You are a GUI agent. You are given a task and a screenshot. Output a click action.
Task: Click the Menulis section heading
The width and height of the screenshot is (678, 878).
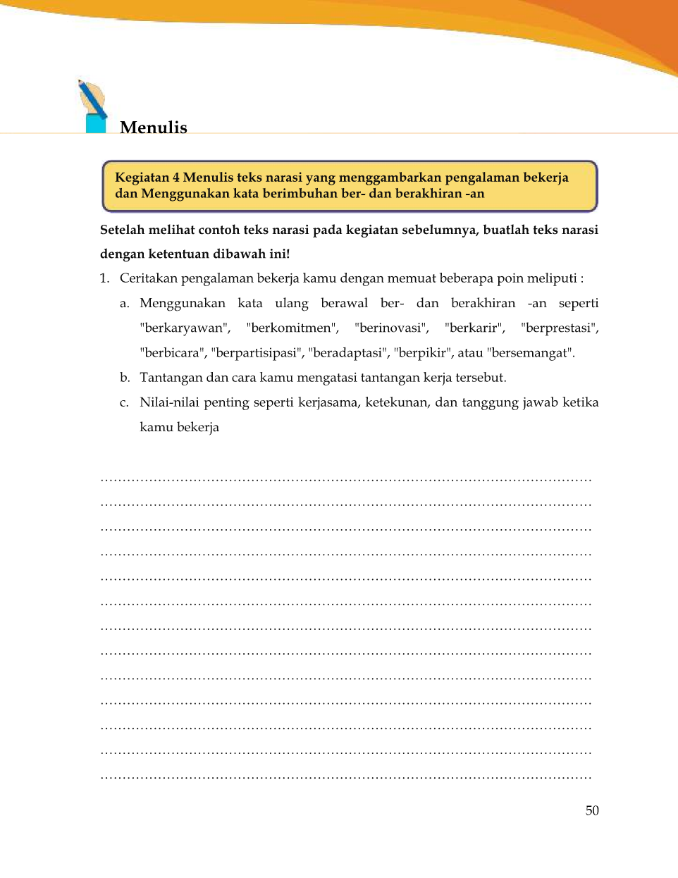(x=154, y=128)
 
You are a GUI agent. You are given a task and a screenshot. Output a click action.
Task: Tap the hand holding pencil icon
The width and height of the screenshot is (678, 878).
(x=93, y=106)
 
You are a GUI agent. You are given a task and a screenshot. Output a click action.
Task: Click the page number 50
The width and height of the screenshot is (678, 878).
(x=592, y=810)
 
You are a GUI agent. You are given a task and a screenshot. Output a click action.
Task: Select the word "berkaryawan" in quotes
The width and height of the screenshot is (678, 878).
(x=185, y=328)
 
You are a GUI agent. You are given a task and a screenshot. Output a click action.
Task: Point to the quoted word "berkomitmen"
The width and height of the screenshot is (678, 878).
(x=292, y=328)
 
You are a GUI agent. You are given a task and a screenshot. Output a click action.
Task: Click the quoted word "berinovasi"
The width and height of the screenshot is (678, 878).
(x=392, y=328)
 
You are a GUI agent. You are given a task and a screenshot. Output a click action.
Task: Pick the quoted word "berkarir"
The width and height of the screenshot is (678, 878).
(x=475, y=328)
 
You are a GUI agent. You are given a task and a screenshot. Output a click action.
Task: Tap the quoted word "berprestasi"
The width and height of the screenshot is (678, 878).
(x=560, y=328)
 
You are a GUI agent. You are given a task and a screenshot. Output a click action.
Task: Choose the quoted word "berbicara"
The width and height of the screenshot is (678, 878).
(x=172, y=353)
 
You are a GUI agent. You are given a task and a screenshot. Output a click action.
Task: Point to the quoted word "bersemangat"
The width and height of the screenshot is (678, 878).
(x=530, y=353)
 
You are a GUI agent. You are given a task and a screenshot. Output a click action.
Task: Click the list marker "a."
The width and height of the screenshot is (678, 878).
(x=125, y=304)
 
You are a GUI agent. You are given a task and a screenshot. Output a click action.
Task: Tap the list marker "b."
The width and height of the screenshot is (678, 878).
(x=125, y=378)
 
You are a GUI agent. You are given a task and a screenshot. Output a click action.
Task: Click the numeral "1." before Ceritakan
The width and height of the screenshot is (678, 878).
(x=105, y=278)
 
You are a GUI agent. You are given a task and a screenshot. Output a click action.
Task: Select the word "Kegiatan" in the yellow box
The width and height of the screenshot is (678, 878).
(x=141, y=178)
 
